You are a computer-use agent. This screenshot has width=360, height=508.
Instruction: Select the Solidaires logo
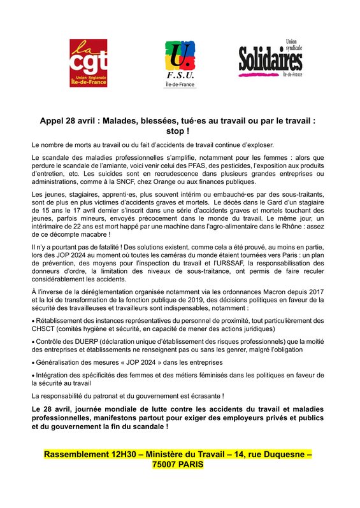click(270, 62)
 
